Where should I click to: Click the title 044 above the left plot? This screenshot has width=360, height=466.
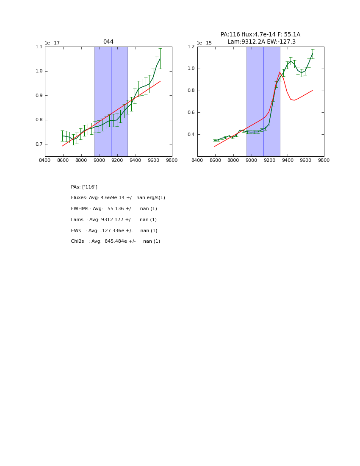pyautogui.click(x=108, y=42)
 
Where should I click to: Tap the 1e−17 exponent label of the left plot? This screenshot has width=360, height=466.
pyautogui.click(x=53, y=43)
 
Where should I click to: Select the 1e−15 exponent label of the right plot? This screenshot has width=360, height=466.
pyautogui.click(x=204, y=43)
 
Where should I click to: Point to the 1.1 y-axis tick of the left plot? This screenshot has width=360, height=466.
pyautogui.click(x=39, y=47)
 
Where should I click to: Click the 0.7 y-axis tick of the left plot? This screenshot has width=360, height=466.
pyautogui.click(x=39, y=144)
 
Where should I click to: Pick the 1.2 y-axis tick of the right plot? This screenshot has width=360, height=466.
pyautogui.click(x=191, y=47)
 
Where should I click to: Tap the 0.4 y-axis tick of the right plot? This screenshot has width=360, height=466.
pyautogui.click(x=191, y=135)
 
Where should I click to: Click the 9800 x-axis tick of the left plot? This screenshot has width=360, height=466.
pyautogui.click(x=172, y=160)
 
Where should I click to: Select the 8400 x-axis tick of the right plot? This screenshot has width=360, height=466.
pyautogui.click(x=197, y=160)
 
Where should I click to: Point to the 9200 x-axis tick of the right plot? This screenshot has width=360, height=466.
pyautogui.click(x=270, y=160)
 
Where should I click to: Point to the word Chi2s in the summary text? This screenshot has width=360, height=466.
pyautogui.click(x=78, y=241)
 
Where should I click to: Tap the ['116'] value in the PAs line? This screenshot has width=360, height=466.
pyautogui.click(x=90, y=187)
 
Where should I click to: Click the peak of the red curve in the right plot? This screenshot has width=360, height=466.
pyautogui.click(x=280, y=72)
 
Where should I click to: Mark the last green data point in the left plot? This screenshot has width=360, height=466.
pyautogui.click(x=160, y=58)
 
